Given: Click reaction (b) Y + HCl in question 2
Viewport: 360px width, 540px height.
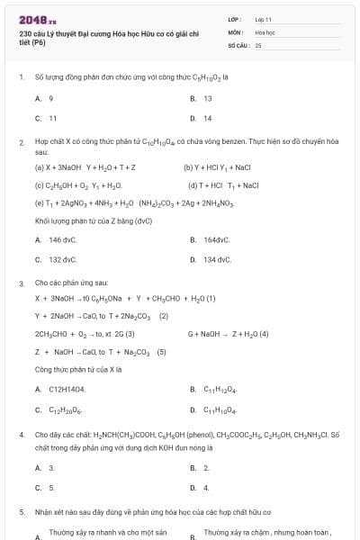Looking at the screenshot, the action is (217, 167).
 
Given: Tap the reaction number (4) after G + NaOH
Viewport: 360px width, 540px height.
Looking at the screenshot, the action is (264, 334).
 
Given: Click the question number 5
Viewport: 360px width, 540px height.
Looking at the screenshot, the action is (21, 511).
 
